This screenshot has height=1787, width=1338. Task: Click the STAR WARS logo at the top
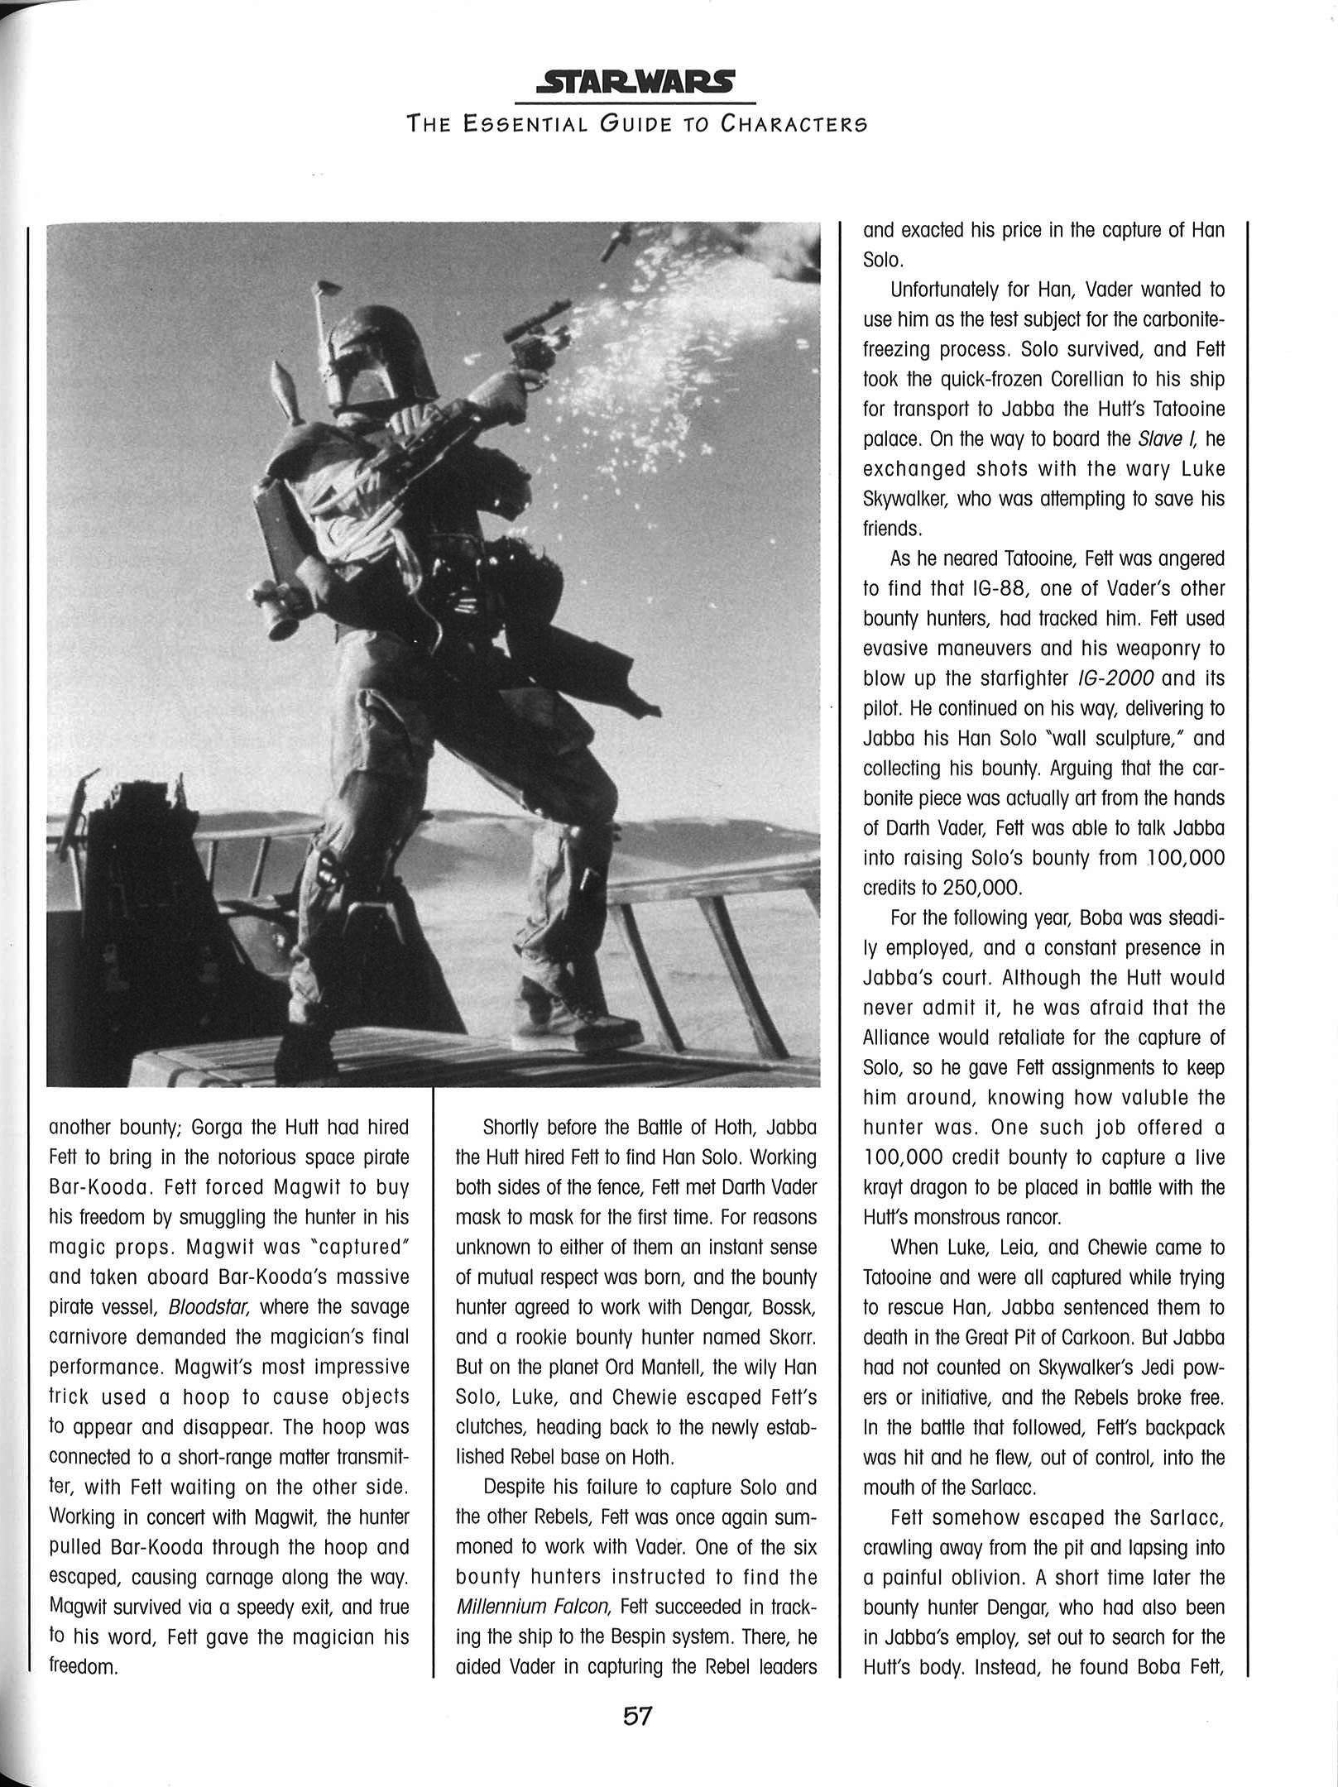click(635, 82)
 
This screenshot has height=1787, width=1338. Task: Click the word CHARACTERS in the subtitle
click(794, 125)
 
